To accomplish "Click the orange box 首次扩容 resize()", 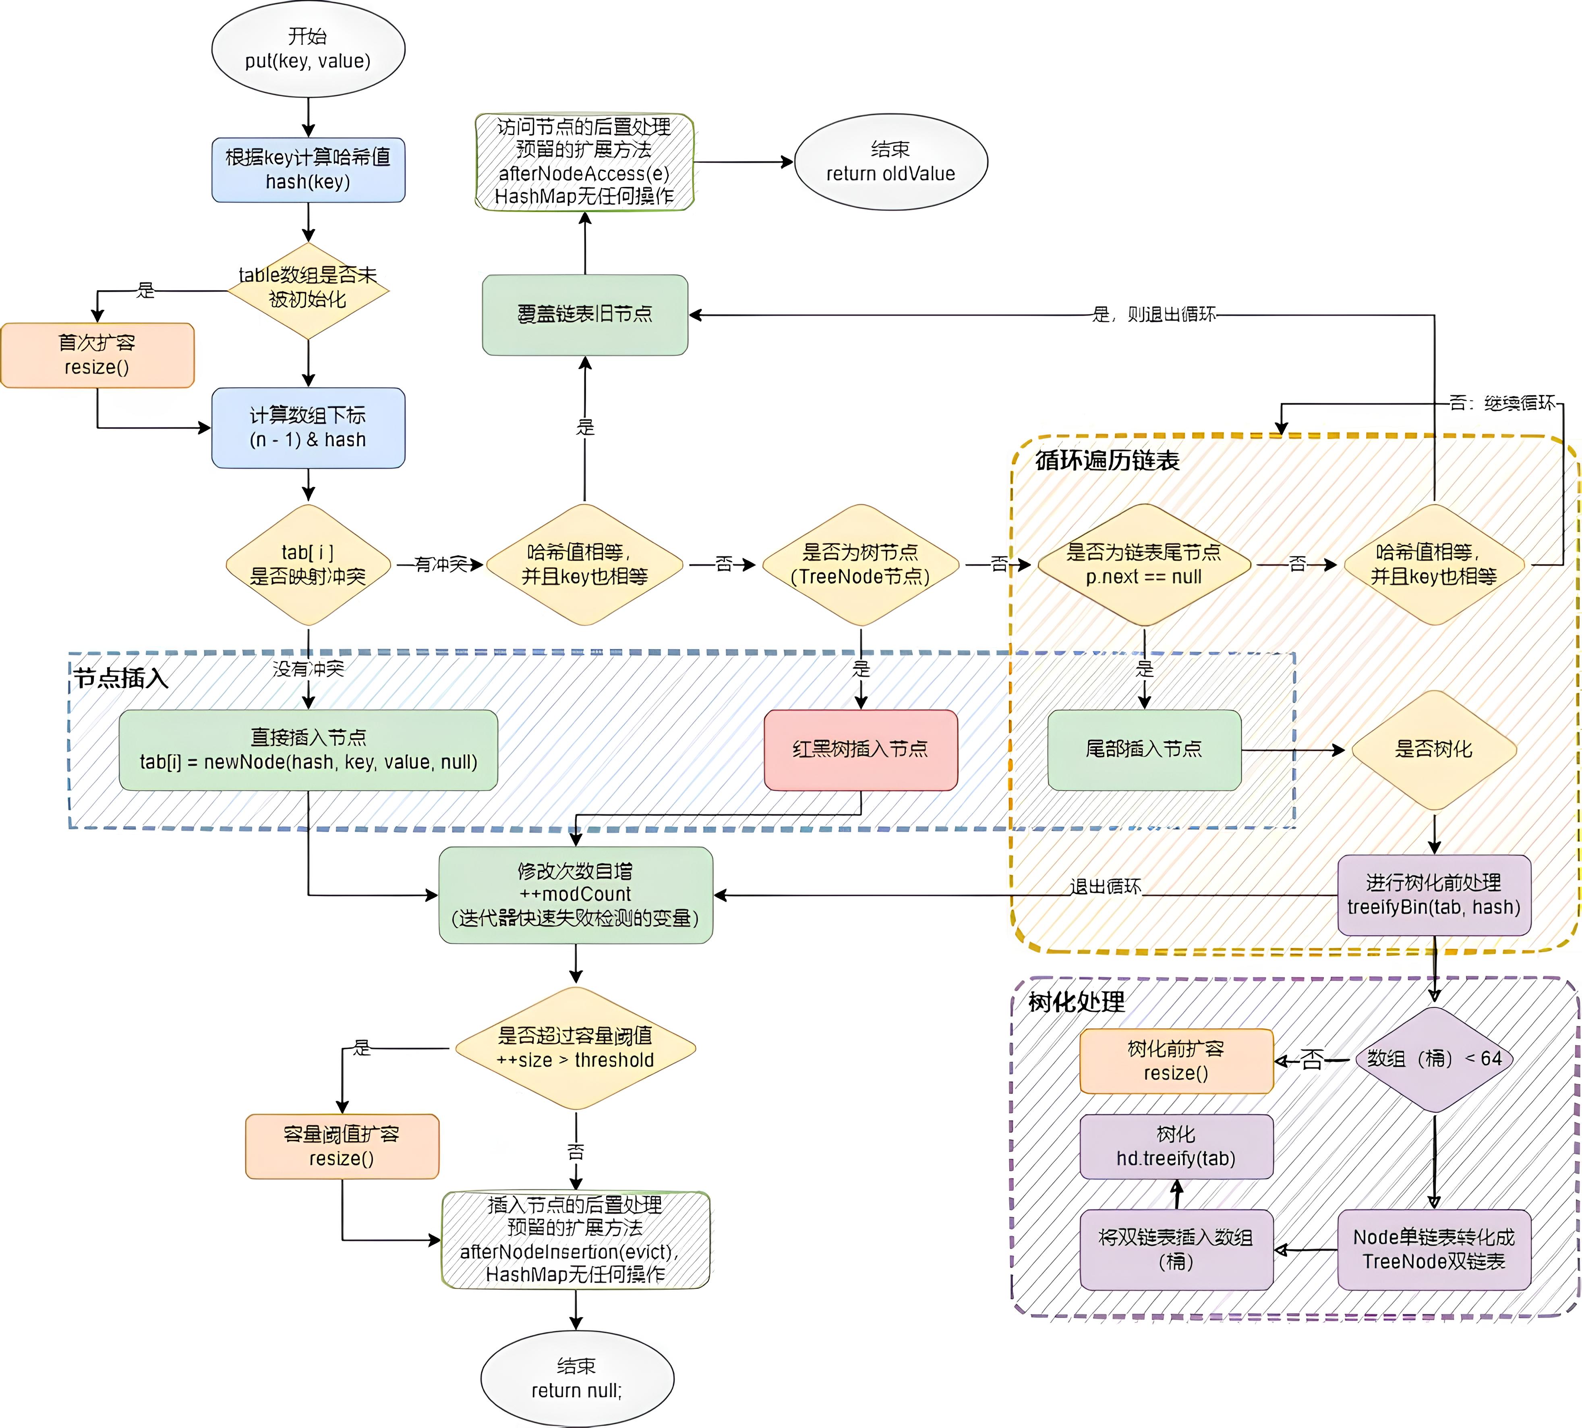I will coord(97,355).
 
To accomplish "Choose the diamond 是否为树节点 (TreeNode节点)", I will coord(860,565).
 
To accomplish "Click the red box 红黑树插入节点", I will coord(860,749).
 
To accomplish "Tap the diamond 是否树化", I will coord(1434,749).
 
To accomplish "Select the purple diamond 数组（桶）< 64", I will coord(1434,1059).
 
